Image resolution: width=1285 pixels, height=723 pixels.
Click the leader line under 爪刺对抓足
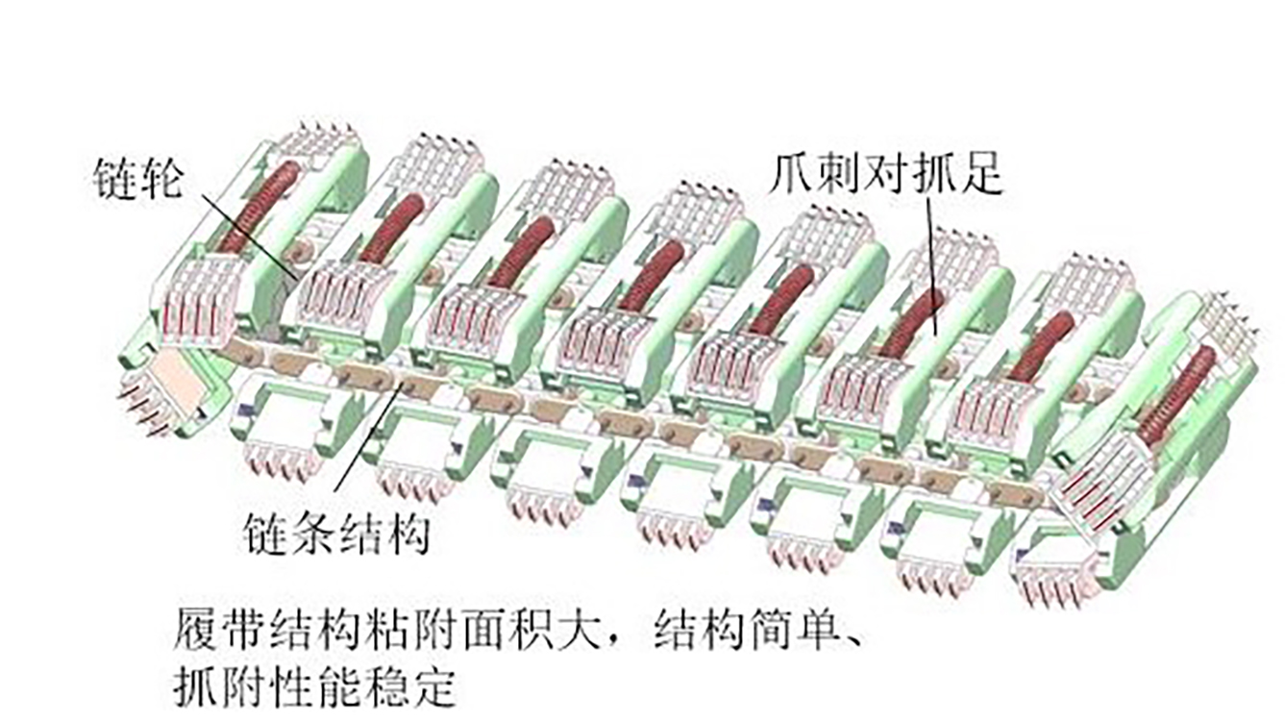tap(931, 269)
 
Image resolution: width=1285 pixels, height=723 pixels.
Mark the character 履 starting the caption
tap(193, 632)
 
